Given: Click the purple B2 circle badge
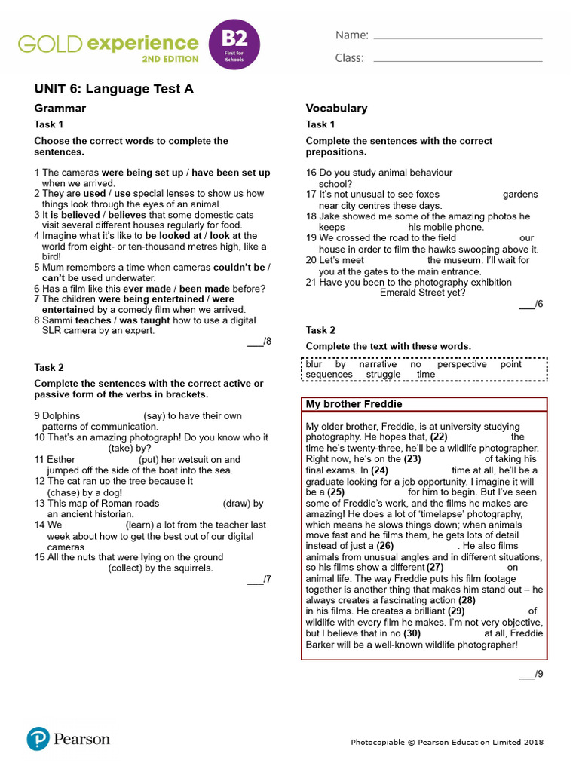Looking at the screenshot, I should pyautogui.click(x=234, y=44).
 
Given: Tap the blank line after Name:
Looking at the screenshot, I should pyautogui.click(x=458, y=37).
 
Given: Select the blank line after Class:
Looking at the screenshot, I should pyautogui.click(x=458, y=60).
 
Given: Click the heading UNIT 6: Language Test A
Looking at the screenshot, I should pyautogui.click(x=114, y=89).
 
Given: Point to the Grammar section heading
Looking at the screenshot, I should pyautogui.click(x=60, y=108).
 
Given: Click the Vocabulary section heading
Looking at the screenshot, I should pyautogui.click(x=336, y=108).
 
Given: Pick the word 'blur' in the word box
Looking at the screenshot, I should pyautogui.click(x=314, y=364).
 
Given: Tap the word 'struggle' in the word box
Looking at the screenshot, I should pyautogui.click(x=383, y=375).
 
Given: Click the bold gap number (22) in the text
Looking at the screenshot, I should pyautogui.click(x=439, y=437).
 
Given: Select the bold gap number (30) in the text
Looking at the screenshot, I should pyautogui.click(x=412, y=633).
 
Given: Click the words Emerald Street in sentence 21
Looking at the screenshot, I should pyautogui.click(x=412, y=293).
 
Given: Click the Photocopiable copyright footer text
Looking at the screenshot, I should pyautogui.click(x=447, y=743).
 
